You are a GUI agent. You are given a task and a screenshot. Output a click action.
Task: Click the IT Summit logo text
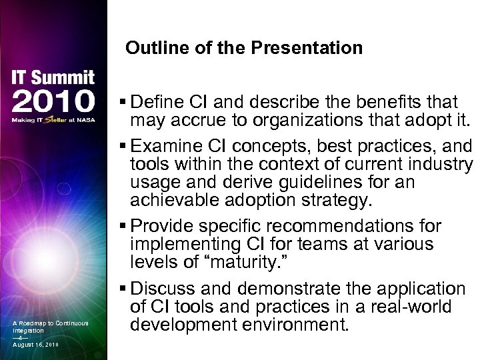pyautogui.click(x=51, y=78)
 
